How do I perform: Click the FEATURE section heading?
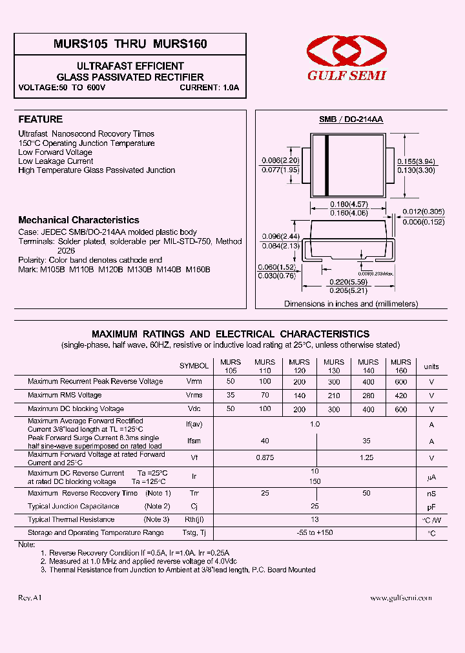41,119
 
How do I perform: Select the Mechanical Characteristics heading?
79,220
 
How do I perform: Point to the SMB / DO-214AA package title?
351,120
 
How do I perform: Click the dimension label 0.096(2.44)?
280,236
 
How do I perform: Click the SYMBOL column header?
194,366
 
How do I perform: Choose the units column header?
431,367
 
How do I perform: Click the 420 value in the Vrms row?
400,395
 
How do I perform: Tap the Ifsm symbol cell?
194,441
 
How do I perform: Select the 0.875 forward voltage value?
264,457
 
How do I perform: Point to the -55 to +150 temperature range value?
315,533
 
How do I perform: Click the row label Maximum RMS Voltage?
65,395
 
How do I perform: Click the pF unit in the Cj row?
431,507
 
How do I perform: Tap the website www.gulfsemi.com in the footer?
400,598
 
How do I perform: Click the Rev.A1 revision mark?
30,598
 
